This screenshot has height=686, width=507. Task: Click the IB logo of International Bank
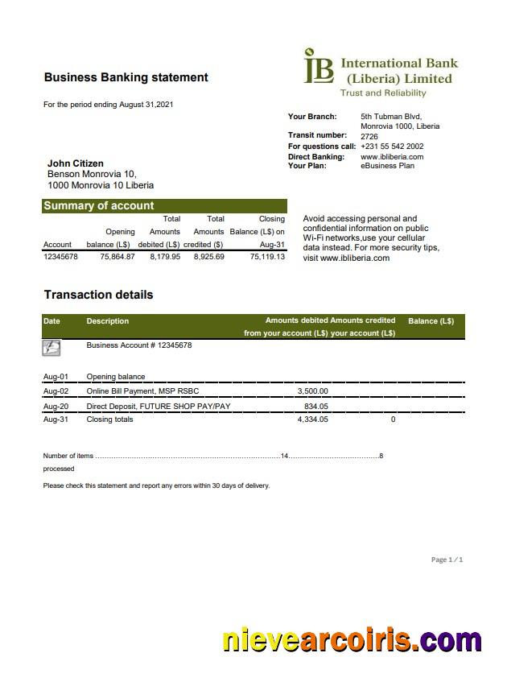click(x=318, y=67)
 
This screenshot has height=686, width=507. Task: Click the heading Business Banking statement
click(x=126, y=77)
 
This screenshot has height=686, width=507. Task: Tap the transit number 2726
click(x=369, y=136)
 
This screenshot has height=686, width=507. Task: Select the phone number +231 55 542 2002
click(x=392, y=147)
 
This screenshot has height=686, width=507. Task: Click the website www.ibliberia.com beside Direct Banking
click(x=392, y=156)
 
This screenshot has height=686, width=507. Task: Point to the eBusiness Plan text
click(x=387, y=166)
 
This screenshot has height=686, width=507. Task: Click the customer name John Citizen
click(x=76, y=163)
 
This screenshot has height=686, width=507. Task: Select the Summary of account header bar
click(x=164, y=205)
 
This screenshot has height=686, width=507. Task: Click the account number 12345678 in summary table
click(x=60, y=257)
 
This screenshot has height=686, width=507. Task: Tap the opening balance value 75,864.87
click(x=117, y=257)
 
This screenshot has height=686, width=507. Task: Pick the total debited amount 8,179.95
click(x=165, y=257)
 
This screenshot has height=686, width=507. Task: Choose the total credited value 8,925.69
click(x=208, y=257)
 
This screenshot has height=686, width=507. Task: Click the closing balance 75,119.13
click(x=267, y=257)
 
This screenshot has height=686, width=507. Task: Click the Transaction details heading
click(x=98, y=295)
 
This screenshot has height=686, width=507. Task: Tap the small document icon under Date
click(x=52, y=348)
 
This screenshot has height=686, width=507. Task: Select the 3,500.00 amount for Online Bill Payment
click(x=312, y=391)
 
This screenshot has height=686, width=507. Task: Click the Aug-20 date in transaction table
click(x=56, y=407)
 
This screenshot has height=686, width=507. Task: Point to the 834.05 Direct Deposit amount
click(x=315, y=407)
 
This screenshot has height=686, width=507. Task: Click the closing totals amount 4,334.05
click(x=312, y=419)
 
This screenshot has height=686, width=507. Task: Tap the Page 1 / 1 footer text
click(x=447, y=560)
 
